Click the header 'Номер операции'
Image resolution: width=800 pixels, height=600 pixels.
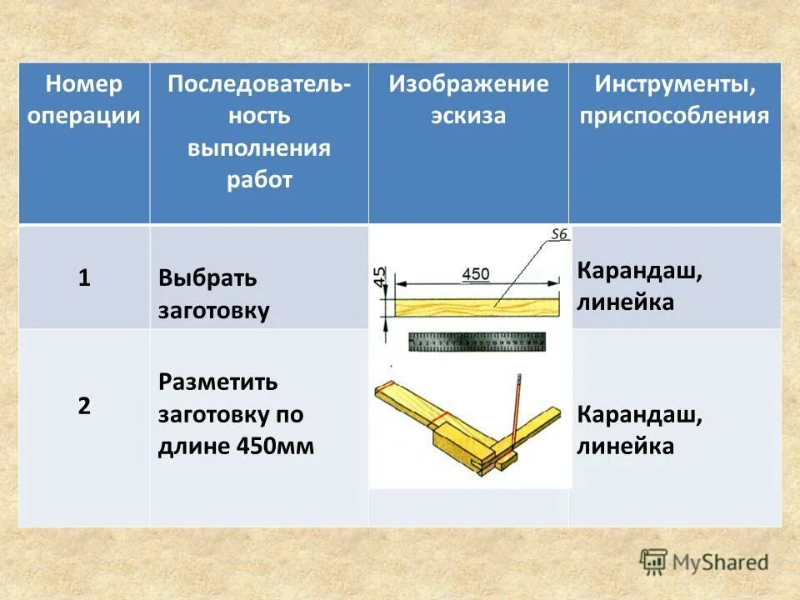[x=83, y=100]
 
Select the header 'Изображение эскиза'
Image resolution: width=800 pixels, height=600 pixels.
[x=468, y=100]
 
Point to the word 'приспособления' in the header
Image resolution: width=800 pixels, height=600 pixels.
[x=675, y=116]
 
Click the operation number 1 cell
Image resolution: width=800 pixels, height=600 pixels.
[x=84, y=277]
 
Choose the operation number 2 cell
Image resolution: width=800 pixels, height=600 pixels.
[x=84, y=407]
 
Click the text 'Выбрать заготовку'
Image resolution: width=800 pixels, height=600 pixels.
[x=214, y=294]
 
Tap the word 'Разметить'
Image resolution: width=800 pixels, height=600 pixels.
[x=218, y=382]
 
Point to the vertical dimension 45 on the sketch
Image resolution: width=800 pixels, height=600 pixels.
[x=380, y=277]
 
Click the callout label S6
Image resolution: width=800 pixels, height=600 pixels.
[x=558, y=235]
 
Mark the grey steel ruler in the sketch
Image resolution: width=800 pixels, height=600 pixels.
[x=477, y=342]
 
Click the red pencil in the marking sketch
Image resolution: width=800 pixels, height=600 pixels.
[x=517, y=412]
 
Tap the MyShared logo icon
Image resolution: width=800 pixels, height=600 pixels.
[x=653, y=562]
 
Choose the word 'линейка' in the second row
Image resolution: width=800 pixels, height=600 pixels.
[x=625, y=447]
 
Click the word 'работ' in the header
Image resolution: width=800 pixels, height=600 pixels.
[x=259, y=180]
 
